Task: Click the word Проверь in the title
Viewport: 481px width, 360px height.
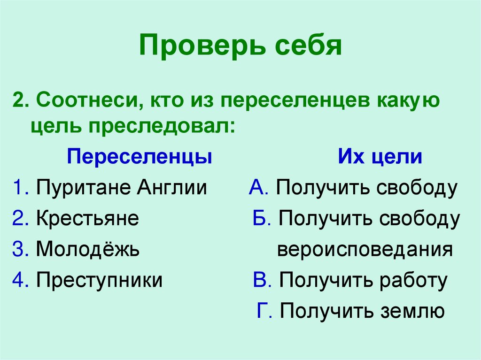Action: click(x=193, y=46)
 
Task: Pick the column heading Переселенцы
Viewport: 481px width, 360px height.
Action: click(x=140, y=157)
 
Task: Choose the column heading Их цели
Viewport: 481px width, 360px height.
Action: click(x=380, y=157)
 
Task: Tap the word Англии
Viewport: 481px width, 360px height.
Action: click(x=172, y=188)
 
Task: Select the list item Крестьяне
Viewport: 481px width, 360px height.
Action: click(x=87, y=219)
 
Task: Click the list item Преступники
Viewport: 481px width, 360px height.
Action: click(x=100, y=280)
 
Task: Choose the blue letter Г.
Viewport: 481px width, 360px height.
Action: click(x=263, y=311)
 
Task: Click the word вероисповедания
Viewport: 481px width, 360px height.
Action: click(x=365, y=249)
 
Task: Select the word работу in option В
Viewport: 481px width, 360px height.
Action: click(x=414, y=280)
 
